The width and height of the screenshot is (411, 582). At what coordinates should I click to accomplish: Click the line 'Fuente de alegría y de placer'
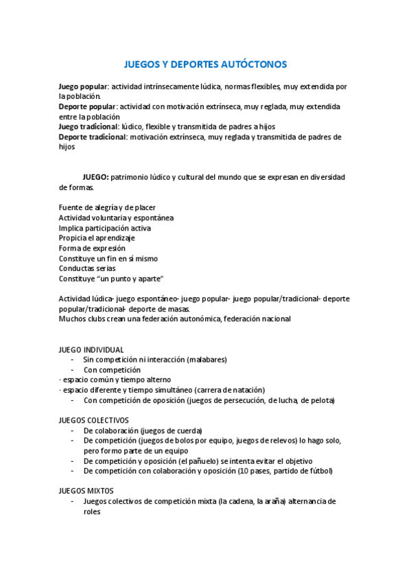click(107, 207)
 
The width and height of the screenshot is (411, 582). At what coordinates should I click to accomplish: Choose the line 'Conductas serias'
click(87, 268)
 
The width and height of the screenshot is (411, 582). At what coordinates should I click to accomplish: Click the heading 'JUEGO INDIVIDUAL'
click(91, 349)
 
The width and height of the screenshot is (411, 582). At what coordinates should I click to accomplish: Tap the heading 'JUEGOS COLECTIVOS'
click(94, 420)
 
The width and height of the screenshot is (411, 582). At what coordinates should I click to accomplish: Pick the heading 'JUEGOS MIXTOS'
click(86, 491)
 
